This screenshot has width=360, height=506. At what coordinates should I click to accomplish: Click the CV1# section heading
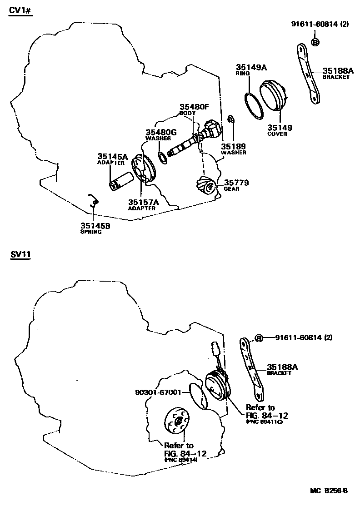click(20, 11)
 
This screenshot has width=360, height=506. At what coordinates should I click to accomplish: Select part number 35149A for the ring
click(250, 67)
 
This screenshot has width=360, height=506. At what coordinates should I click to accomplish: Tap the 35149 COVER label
click(280, 130)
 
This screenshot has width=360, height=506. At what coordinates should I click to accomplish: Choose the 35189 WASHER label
click(233, 149)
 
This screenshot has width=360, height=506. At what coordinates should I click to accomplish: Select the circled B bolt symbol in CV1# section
click(315, 42)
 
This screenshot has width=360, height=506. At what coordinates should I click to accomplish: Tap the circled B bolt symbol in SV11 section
click(259, 338)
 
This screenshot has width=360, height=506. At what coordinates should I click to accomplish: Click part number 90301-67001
click(158, 392)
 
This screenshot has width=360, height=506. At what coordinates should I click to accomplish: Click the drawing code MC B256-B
click(329, 491)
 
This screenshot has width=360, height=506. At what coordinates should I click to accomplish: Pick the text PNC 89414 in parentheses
click(180, 460)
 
